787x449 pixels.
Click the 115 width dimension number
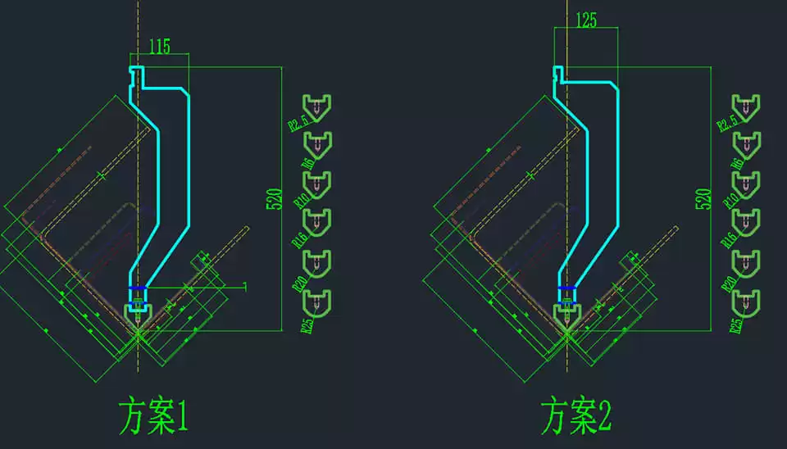point(160,48)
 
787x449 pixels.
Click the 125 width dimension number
point(586,20)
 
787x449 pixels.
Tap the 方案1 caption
point(153,417)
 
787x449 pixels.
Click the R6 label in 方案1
point(307,162)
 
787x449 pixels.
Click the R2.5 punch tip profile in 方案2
point(745,106)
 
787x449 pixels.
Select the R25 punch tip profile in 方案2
point(745,301)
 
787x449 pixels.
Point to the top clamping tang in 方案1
point(137,75)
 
